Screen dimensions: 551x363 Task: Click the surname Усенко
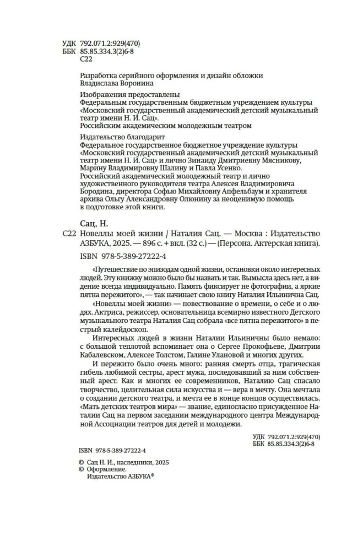(226, 168)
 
